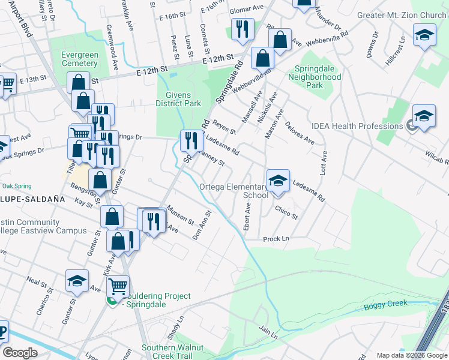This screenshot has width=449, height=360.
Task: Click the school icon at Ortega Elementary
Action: pos(277,181)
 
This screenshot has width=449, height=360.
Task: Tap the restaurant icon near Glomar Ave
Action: pos(243,29)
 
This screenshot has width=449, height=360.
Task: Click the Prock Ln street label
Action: pos(276,239)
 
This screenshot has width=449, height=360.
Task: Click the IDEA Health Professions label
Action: pos(357,126)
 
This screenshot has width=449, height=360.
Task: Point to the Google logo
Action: pos(20,352)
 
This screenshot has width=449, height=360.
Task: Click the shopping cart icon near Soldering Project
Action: pos(118,287)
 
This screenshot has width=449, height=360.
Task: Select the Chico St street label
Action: pos(286,212)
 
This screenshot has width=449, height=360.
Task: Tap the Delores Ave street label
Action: pos(300,134)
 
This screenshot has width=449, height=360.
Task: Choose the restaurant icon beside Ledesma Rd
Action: pos(190,141)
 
